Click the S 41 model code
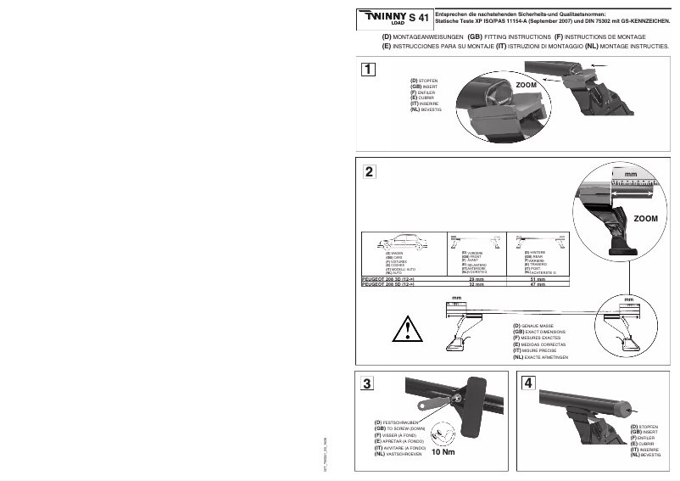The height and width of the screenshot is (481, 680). pyautogui.click(x=420, y=17)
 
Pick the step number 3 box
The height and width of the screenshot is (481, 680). pyautogui.click(x=367, y=383)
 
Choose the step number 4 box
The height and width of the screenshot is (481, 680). pyautogui.click(x=529, y=383)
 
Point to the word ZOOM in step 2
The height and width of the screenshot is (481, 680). pyautogui.click(x=645, y=219)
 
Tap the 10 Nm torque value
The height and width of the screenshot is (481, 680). pyautogui.click(x=443, y=452)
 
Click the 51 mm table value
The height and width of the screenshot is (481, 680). pyautogui.click(x=537, y=278)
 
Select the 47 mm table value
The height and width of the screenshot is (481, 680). pyautogui.click(x=537, y=285)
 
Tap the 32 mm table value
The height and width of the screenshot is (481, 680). pyautogui.click(x=476, y=285)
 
